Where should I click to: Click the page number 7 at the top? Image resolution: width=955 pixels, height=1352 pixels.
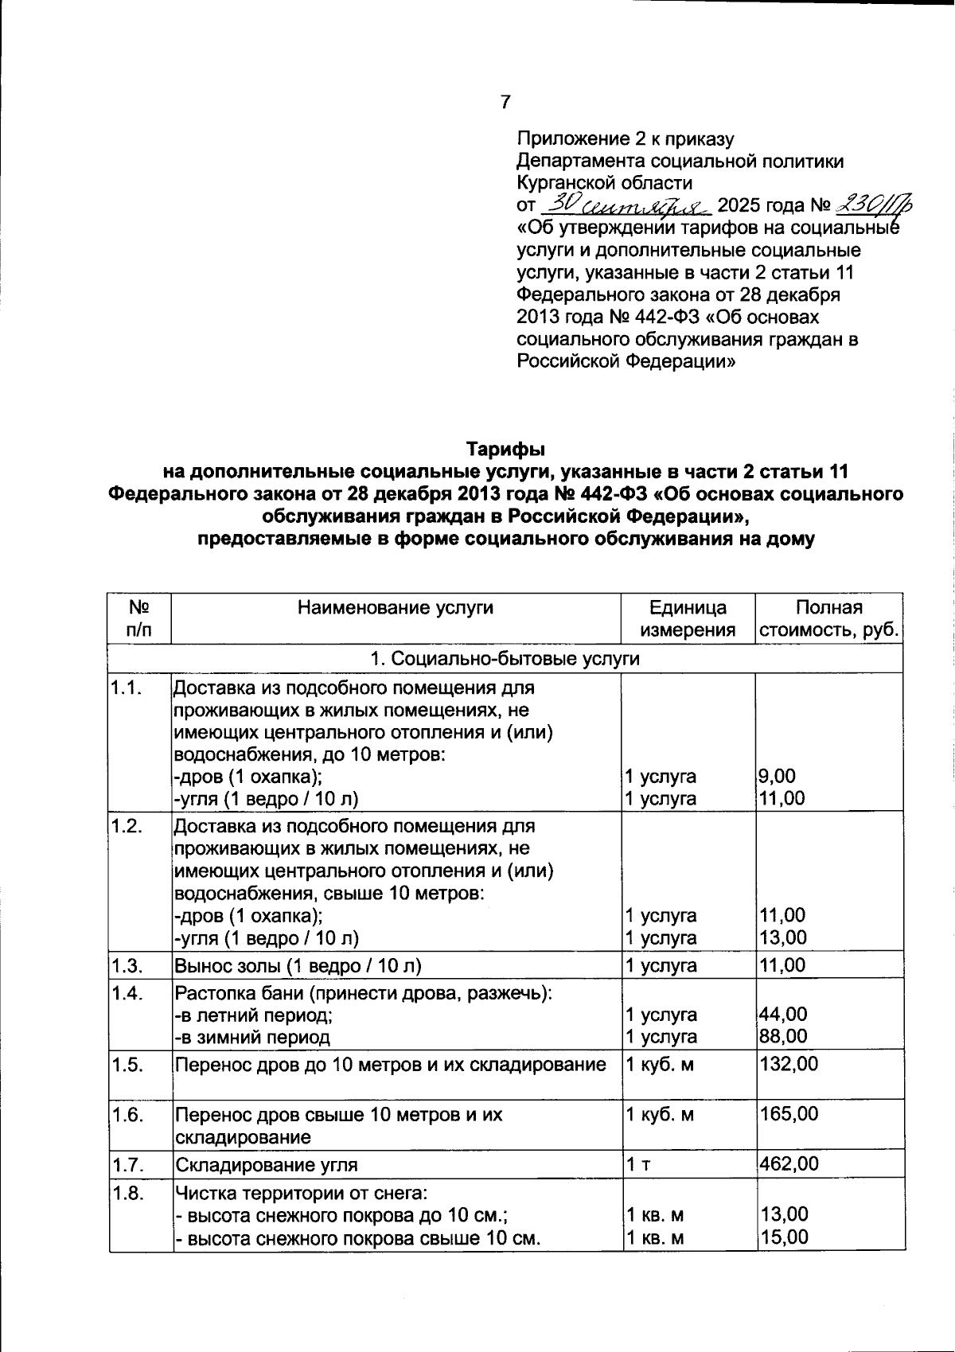(505, 102)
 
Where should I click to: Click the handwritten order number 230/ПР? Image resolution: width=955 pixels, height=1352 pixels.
(872, 205)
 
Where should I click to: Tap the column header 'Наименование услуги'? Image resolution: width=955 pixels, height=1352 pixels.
(396, 608)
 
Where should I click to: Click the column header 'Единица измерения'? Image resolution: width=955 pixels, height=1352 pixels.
(688, 619)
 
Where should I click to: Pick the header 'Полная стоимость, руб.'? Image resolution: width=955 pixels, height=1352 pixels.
(828, 619)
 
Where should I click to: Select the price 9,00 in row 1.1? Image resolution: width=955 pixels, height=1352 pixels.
(778, 776)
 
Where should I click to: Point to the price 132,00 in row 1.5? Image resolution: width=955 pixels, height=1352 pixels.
(789, 1065)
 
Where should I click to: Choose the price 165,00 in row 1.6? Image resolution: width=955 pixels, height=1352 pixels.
(789, 1114)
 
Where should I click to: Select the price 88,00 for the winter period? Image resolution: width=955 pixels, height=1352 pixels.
(783, 1036)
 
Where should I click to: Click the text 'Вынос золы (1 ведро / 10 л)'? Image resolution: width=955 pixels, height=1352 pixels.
(298, 966)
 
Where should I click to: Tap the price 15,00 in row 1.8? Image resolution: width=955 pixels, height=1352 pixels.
(783, 1237)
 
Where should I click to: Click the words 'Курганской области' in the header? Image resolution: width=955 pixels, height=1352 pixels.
(604, 183)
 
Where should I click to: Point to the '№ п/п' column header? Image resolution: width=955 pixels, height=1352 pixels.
(139, 619)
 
